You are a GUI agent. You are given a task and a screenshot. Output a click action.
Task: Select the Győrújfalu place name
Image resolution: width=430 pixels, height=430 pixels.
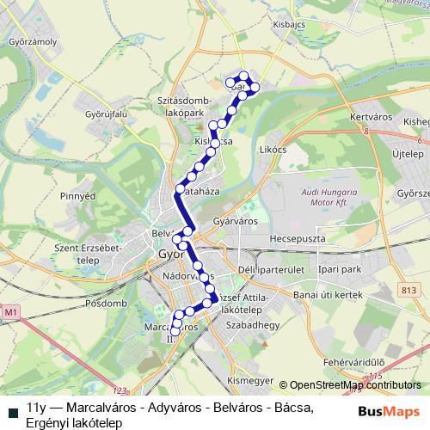pyautogui.click(x=105, y=113)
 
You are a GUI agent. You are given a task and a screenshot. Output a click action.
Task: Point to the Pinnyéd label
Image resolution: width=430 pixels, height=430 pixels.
pyautogui.click(x=77, y=196)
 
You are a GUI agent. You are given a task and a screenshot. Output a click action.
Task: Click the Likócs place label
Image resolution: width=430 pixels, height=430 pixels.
pyautogui.click(x=272, y=149)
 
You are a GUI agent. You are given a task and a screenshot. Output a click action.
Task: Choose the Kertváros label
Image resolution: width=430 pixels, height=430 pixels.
pyautogui.click(x=372, y=116)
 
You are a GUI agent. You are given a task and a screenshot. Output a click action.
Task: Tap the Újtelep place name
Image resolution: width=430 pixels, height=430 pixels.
pyautogui.click(x=407, y=154)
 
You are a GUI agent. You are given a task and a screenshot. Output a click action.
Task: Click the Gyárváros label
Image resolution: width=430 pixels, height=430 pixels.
pyautogui.click(x=236, y=221)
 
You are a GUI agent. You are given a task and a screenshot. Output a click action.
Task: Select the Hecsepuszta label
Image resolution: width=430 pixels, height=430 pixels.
pyautogui.click(x=301, y=236)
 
